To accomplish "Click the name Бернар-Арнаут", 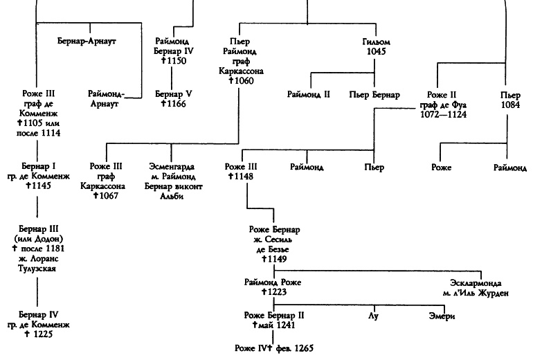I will pyautogui.click(x=86, y=42).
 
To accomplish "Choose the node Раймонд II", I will pyautogui.click(x=309, y=93).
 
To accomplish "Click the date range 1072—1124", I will pyautogui.click(x=446, y=114).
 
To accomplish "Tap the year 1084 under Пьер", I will pyautogui.click(x=511, y=103).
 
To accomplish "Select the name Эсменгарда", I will pyautogui.click(x=173, y=167).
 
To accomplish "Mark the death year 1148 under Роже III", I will pyautogui.click(x=242, y=177).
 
